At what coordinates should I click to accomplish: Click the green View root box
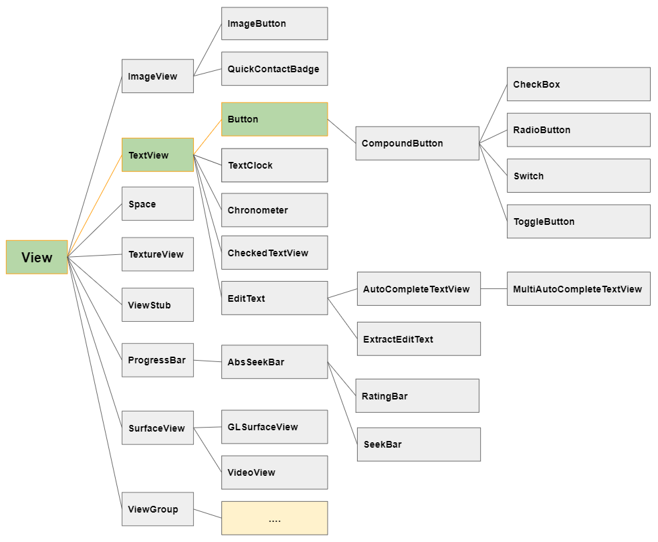37,257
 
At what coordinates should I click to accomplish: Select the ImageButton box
274,23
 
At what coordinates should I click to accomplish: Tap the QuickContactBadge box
274,69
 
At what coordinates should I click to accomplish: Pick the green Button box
274,119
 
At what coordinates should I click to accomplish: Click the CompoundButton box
417,143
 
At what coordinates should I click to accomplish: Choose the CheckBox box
578,84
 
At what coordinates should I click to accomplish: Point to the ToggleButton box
578,221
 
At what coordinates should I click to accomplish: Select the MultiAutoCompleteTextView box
578,289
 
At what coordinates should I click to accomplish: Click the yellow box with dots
274,518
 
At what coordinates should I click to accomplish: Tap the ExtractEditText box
419,339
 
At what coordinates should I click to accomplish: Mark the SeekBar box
419,444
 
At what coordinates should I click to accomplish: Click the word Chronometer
257,210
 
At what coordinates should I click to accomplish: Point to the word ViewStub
149,305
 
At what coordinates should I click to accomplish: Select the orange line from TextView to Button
208,137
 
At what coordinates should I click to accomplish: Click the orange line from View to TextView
95,205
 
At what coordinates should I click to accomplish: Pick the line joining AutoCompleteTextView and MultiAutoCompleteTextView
494,289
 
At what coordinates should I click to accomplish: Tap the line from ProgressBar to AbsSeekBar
208,361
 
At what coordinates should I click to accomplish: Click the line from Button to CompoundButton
342,131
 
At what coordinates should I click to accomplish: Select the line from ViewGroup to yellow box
208,513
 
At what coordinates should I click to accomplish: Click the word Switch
529,176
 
